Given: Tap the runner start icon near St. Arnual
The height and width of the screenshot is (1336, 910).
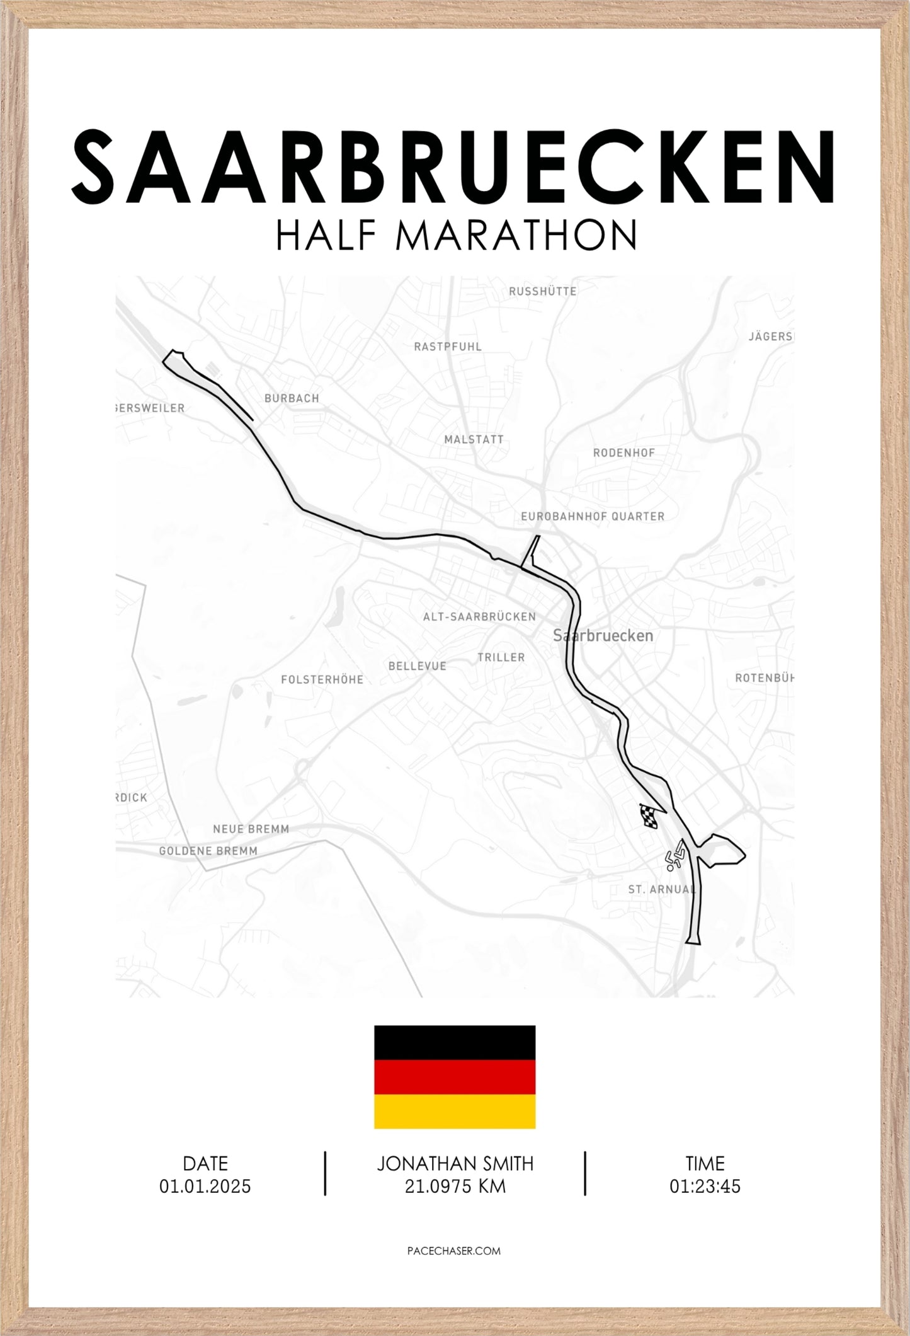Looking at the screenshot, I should tap(676, 855).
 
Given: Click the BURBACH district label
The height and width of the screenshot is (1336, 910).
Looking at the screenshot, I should tap(292, 398).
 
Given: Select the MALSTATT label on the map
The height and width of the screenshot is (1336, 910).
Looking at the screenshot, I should tap(474, 440).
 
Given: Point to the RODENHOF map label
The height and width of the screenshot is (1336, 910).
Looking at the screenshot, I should tap(623, 452).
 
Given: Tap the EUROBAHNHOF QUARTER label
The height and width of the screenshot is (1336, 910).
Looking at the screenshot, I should tap(593, 516).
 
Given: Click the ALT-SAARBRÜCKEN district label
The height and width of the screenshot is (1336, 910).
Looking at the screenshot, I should tap(479, 617).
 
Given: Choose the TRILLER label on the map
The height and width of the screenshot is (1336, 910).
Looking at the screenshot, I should tap(501, 657).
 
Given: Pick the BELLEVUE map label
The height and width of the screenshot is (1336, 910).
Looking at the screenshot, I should tap(417, 666).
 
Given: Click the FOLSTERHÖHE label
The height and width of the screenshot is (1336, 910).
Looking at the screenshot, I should tap(322, 679).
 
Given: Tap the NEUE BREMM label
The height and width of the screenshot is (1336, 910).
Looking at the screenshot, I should tap(251, 829).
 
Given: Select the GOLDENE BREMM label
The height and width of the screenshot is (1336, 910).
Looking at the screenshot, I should tap(208, 851).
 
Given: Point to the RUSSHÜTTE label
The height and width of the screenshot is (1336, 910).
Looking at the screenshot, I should tap(542, 291).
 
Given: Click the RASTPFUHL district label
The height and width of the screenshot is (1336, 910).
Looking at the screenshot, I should tap(447, 347).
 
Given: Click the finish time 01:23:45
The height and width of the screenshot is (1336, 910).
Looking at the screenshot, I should tap(705, 1187).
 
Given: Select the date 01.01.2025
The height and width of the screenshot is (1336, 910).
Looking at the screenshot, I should tap(205, 1187).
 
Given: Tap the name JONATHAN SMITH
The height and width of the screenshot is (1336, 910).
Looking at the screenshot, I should tap(455, 1163).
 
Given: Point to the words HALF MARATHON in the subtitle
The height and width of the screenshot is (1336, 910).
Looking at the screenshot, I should tap(455, 234).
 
